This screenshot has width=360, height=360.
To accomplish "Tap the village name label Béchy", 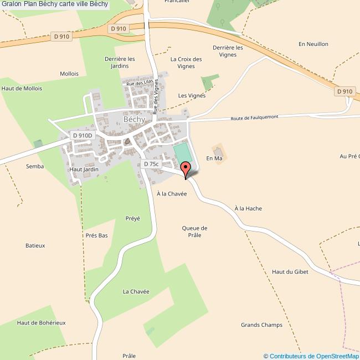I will (x=134, y=119).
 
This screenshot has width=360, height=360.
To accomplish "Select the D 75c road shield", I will (x=151, y=164).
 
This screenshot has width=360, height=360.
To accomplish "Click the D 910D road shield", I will (x=83, y=135).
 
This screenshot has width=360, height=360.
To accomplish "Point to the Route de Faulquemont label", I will (x=254, y=117).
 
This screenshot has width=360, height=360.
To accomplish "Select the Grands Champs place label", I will (x=261, y=325).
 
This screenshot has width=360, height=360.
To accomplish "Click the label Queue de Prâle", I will (x=194, y=232).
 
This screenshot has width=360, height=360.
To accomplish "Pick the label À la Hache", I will (x=248, y=208).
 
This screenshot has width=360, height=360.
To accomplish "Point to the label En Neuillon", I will (x=313, y=44).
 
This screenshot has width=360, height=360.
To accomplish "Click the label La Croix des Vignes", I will (x=186, y=63).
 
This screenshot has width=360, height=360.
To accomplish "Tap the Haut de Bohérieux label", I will (x=42, y=322).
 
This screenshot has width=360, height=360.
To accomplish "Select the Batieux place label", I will (x=35, y=245).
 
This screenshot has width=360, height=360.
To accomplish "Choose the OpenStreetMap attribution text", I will (x=311, y=356).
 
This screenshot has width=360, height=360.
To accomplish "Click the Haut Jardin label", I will (x=84, y=169).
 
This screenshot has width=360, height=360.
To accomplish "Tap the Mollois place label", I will (x=69, y=74).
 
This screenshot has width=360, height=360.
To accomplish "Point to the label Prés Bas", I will (x=96, y=235).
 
